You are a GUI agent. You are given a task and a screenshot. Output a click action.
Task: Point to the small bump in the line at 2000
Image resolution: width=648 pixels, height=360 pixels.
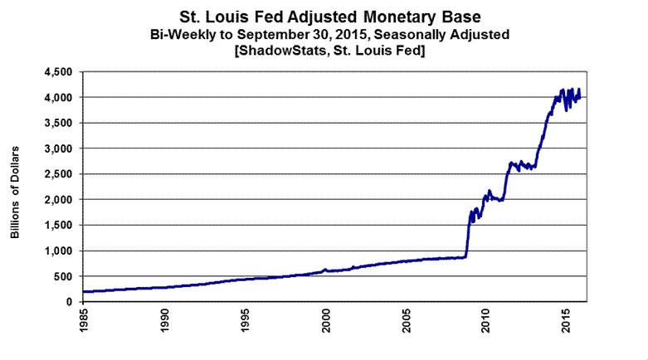[325, 269]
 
